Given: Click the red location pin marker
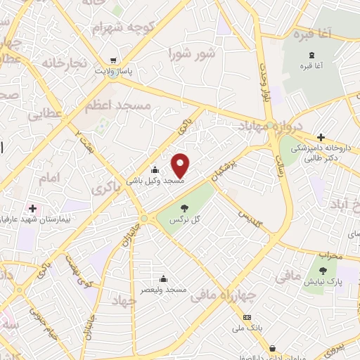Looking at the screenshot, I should [181, 165].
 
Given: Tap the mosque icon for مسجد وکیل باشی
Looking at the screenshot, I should [155, 169].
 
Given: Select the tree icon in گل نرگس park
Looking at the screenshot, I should [184, 208].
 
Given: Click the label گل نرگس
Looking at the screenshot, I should [184, 220].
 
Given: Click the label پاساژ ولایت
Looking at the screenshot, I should [115, 72].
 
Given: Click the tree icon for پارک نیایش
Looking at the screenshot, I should [323, 271].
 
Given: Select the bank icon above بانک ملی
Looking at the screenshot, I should [247, 318].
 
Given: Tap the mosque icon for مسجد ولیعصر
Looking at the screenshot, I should [163, 278].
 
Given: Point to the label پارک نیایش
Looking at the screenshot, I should [322, 281].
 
